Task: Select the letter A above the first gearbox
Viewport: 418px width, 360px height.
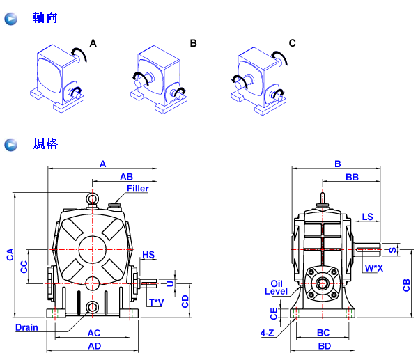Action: [93, 43]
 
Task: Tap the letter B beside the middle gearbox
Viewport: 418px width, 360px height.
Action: [194, 43]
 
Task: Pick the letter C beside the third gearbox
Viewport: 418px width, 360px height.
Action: [292, 43]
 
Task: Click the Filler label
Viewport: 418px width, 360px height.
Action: [137, 188]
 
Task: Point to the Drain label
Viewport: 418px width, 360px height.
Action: [27, 327]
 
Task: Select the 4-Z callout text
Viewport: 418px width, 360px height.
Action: [267, 334]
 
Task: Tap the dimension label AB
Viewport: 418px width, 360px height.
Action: [126, 177]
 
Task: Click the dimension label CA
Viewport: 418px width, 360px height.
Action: [10, 256]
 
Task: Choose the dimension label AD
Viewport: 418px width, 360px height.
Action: [93, 346]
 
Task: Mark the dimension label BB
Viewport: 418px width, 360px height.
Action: [352, 178]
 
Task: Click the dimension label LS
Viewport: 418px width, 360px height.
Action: [368, 217]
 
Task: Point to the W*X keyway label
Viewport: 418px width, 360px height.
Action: [374, 267]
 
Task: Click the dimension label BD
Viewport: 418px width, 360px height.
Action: [324, 346]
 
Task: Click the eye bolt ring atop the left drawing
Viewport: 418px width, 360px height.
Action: [92, 200]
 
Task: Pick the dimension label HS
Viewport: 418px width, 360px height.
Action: [148, 256]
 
